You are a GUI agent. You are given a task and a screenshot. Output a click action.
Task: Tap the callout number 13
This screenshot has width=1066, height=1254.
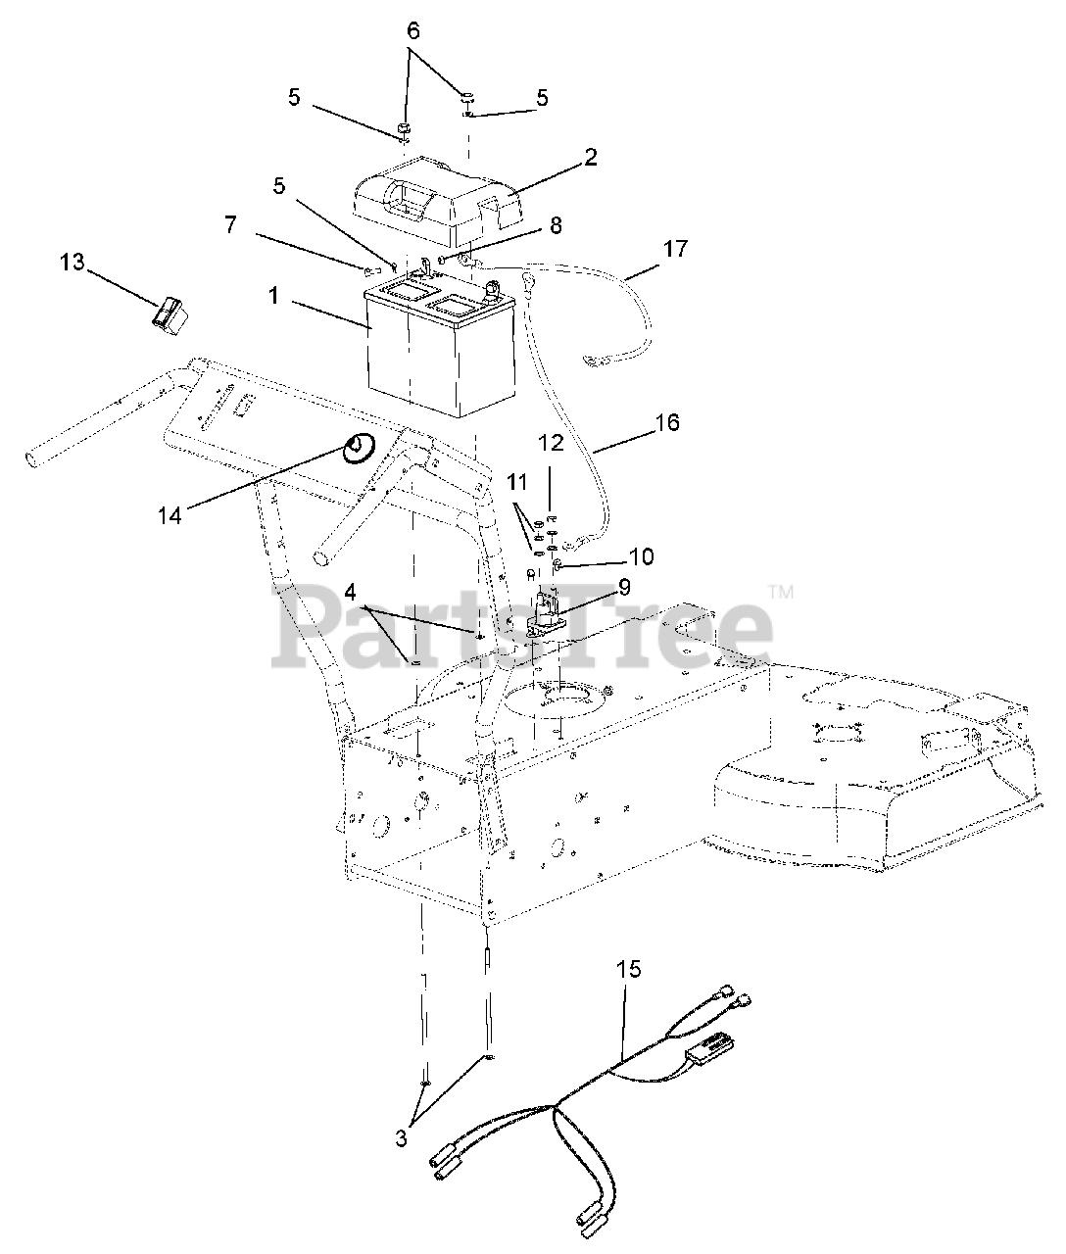[x=73, y=263]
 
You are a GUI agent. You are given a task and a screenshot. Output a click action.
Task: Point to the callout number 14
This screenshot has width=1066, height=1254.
[x=170, y=513]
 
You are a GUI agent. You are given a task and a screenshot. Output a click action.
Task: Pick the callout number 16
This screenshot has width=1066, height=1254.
[x=666, y=422]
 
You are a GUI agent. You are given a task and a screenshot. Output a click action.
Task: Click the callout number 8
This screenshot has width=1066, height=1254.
[x=556, y=224]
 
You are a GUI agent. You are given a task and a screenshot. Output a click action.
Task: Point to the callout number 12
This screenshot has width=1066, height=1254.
[x=551, y=442]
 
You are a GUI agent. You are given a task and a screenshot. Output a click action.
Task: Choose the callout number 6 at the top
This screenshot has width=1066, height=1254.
[x=413, y=31]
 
